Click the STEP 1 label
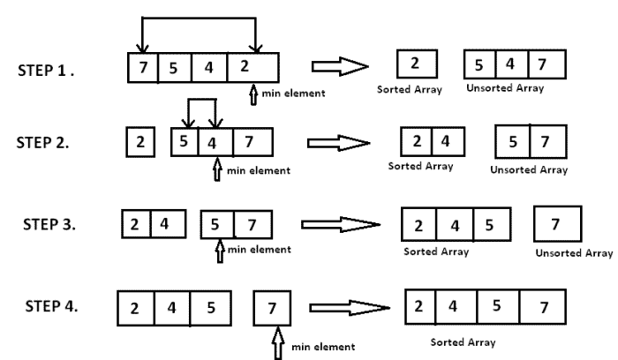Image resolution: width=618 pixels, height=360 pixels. click(46, 71)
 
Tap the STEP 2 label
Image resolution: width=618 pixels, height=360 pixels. click(42, 143)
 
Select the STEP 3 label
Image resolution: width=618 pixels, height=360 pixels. click(49, 224)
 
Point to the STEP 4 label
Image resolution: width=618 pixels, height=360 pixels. click(51, 306)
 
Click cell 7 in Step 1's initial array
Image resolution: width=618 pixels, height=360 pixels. click(143, 68)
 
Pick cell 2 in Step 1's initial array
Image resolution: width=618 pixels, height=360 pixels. click(253, 67)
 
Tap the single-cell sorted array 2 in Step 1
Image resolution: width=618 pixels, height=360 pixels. click(417, 64)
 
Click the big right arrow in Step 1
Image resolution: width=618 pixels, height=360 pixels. click(340, 66)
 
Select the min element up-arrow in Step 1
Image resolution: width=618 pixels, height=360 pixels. click(253, 94)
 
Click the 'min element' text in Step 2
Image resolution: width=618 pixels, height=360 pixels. click(259, 170)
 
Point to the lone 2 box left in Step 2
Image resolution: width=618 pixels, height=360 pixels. click(140, 142)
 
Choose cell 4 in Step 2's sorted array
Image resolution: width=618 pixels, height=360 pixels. click(448, 141)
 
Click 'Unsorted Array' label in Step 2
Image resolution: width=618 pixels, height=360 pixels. click(529, 169)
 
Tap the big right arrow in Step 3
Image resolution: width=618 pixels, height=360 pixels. click(341, 224)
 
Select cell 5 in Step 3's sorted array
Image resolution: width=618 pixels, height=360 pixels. click(493, 224)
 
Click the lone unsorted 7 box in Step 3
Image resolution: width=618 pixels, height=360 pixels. click(558, 224)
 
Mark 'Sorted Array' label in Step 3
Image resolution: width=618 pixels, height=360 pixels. click(436, 251)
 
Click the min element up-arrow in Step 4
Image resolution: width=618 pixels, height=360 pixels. click(278, 342)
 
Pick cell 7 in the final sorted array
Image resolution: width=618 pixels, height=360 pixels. click(543, 307)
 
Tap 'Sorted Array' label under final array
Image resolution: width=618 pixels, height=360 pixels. click(463, 342)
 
